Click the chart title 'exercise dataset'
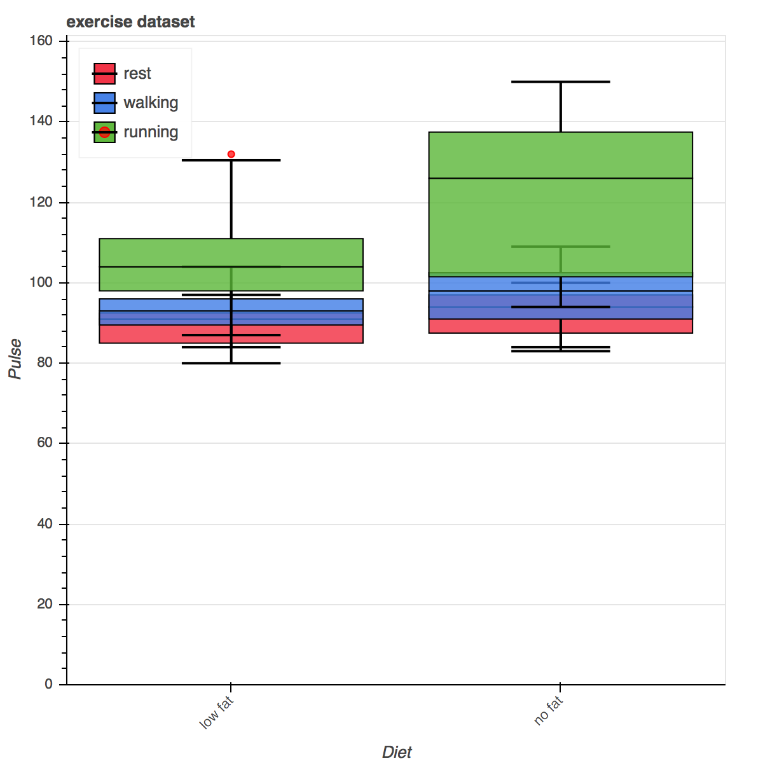click(x=130, y=22)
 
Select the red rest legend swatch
click(x=104, y=74)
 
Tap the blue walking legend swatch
click(x=104, y=103)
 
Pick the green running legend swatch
click(x=104, y=132)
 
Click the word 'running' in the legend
click(x=151, y=132)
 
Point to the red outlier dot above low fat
click(x=231, y=155)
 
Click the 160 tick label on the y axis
click(x=41, y=41)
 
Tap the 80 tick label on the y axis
click(x=45, y=363)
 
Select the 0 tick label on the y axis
click(x=49, y=684)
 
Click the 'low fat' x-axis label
click(x=217, y=713)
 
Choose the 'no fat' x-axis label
click(x=548, y=711)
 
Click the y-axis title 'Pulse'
click(x=15, y=359)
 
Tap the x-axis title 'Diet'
click(x=397, y=752)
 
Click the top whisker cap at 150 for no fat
click(x=561, y=82)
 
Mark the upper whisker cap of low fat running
click(x=231, y=160)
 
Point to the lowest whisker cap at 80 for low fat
click(x=231, y=363)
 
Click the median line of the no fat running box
click(x=561, y=179)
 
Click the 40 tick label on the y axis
click(x=45, y=524)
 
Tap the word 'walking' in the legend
click(x=151, y=103)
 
